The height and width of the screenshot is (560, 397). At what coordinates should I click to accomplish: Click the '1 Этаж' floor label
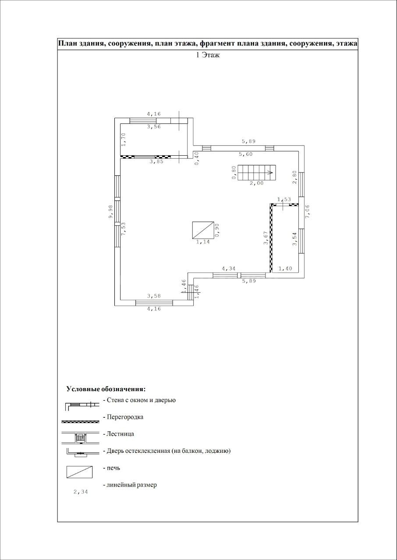pos(208,55)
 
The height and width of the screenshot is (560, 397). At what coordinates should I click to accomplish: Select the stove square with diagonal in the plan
pos(203,230)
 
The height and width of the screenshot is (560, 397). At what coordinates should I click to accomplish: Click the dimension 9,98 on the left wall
pos(110,212)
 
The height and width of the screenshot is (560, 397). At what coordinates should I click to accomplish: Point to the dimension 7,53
pos(124,229)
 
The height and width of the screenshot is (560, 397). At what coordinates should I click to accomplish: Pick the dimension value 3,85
pos(156,161)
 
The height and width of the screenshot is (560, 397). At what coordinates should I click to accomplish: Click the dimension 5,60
pos(245,154)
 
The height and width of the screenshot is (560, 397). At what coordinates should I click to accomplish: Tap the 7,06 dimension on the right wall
pos(308,211)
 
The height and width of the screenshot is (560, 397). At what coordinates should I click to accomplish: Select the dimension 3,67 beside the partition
pos(266,238)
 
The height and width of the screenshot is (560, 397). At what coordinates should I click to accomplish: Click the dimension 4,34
pos(229,269)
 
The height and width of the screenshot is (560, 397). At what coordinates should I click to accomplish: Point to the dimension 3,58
pos(154,296)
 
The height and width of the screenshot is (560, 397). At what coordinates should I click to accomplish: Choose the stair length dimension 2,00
pos(257,183)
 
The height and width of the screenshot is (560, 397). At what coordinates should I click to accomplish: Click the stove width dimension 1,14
pos(203,242)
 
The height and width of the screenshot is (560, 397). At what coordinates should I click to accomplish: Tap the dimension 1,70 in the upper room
pos(124,140)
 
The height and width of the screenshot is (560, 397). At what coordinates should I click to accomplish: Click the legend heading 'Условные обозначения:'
pos(106,389)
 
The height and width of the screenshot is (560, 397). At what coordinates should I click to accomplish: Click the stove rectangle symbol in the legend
pos(79,472)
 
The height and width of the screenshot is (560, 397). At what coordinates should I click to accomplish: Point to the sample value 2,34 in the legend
pos(81,492)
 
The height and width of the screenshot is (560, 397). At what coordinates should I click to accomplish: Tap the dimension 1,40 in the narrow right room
pos(285,269)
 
